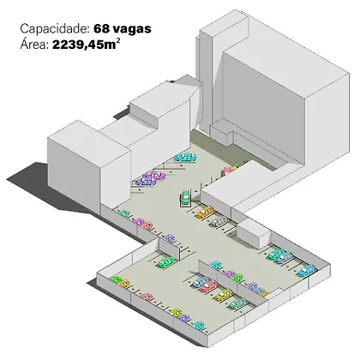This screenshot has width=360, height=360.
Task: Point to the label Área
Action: click(34, 45)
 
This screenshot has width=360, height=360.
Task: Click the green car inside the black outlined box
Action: click(185, 197)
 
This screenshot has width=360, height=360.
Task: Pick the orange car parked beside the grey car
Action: click(205, 212)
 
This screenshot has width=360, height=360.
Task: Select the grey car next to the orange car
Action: click(219, 221)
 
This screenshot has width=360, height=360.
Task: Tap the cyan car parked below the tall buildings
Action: click(186, 157)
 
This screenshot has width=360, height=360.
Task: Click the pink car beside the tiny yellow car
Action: click(227, 171)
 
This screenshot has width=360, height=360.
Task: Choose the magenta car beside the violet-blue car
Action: click(155, 175)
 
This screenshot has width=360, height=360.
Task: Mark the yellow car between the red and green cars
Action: click(224, 295)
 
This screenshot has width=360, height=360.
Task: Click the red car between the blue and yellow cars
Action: click(209, 286)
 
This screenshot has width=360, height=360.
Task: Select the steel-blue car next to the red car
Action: click(201, 281)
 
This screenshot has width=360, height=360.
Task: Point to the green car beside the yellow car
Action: click(237, 303)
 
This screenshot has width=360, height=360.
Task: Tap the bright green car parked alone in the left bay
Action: click(166, 261)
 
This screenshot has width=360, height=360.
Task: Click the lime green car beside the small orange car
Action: click(116, 279)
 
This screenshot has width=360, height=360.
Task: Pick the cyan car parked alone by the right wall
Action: click(307, 270)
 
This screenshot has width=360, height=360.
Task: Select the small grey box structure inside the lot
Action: click(254, 233)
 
